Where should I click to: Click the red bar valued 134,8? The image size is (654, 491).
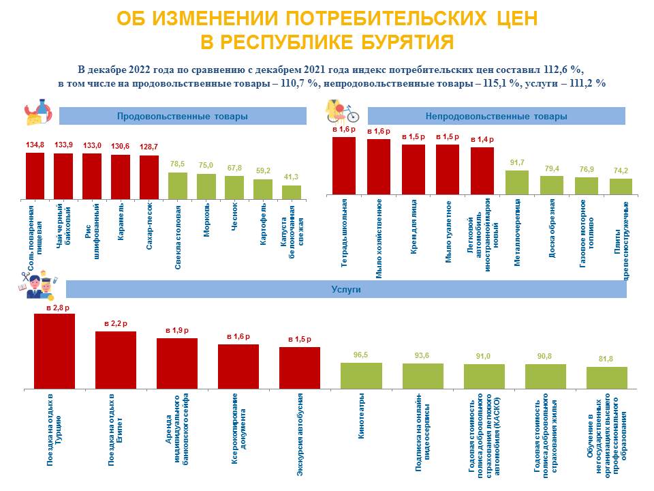click(x=35, y=176)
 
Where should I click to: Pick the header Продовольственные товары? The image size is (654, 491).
click(x=182, y=117)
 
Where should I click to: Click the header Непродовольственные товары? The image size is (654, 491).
click(x=496, y=117)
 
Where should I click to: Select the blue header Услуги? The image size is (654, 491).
click(x=345, y=289)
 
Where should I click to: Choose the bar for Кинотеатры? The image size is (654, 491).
click(x=361, y=375)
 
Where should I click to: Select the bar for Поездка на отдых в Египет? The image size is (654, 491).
click(x=116, y=360)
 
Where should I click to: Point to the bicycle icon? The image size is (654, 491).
click(x=347, y=113)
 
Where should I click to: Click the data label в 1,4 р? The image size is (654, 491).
click(x=482, y=139)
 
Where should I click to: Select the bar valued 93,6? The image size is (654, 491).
click(x=422, y=376)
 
